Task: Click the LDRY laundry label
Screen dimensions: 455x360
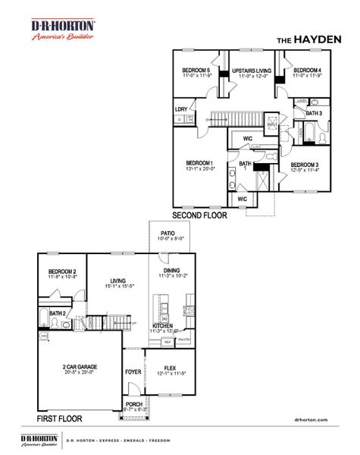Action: point(181,109)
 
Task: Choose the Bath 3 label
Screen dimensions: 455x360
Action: point(314,114)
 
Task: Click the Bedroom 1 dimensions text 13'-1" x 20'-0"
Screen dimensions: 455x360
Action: point(200,170)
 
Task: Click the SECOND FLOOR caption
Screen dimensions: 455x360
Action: point(199,215)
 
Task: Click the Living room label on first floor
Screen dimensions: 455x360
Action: point(117,280)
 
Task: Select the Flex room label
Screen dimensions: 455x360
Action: point(171,371)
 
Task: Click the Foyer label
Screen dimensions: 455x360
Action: point(134,372)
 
